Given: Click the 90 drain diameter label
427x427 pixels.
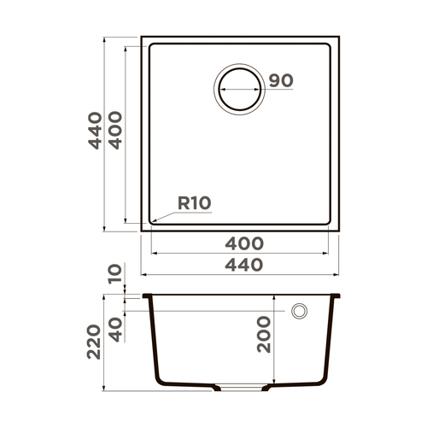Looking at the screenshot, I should (281, 81).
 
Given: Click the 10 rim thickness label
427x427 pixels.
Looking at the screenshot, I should (115, 275).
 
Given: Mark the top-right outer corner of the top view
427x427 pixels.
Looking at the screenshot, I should (338, 37).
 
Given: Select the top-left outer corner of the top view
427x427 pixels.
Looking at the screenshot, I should (142, 37).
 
